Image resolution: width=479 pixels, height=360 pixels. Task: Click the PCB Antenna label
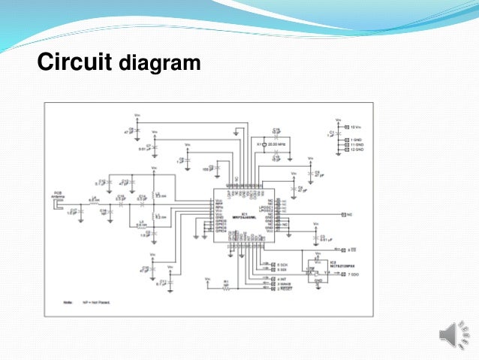[x=58, y=193]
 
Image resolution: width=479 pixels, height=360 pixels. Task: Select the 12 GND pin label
[x=356, y=149]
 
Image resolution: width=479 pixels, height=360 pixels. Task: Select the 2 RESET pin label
[x=285, y=289]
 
